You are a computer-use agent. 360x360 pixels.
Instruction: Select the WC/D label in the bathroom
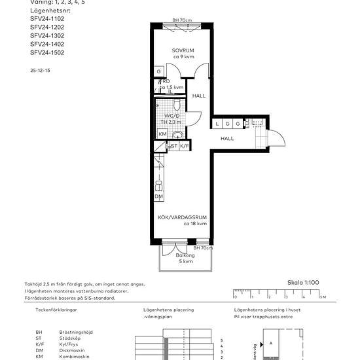click(171, 116)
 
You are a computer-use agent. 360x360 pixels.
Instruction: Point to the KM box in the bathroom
click(162, 134)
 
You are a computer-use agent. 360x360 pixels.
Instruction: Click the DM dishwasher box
click(158, 196)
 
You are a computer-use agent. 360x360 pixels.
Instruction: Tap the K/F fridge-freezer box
click(185, 146)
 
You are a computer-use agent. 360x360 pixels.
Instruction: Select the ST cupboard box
click(173, 146)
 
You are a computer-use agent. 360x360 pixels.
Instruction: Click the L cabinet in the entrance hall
click(217, 123)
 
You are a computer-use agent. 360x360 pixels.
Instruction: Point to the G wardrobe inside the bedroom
click(158, 71)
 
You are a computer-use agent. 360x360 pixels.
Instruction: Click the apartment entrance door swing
click(277, 138)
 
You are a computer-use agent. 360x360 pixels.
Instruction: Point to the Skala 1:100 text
click(303, 283)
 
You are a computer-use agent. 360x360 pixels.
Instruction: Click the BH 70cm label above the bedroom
click(182, 20)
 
